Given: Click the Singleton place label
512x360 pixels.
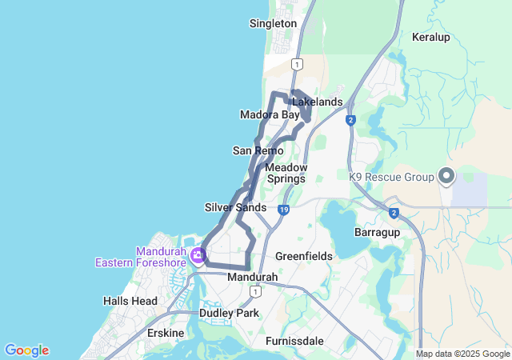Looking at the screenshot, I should pos(273,24).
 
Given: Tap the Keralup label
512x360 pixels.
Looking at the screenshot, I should pos(431,37).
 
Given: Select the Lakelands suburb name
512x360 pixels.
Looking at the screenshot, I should pos(317,102).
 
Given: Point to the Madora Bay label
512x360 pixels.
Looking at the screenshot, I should pos(270,115).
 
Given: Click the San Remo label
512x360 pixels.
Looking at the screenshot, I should pos(258,150).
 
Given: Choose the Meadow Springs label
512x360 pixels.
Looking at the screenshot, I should pos(285,173).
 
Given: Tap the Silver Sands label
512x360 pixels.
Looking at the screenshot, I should pos(235,207).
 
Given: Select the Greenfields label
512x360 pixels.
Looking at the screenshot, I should pos(303,256).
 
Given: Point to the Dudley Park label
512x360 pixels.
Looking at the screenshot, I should pos(230,314).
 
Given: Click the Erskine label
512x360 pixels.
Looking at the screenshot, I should pos(166,333).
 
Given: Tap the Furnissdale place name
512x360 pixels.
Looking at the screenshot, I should pos(294,341).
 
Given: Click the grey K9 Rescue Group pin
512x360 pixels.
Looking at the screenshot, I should pos(446,175).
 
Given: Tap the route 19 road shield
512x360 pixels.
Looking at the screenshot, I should pos(283,210).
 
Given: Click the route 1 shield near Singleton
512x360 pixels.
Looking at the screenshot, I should pos(298,63).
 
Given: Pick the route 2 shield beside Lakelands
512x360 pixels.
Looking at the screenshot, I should pos(350,120).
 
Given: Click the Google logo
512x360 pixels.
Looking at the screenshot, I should pos(26,350).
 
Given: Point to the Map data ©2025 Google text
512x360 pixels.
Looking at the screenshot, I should pos(462,354).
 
